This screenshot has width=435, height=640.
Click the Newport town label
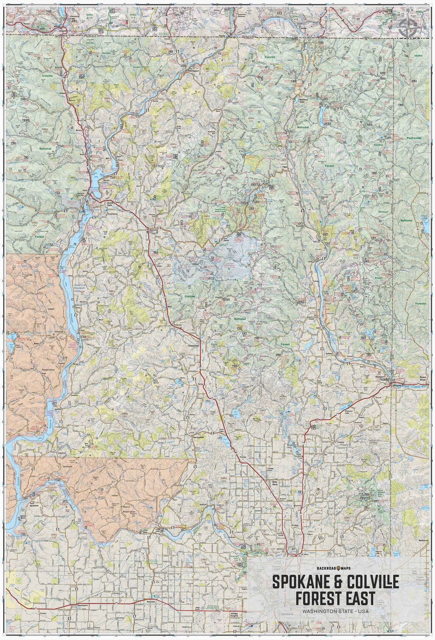tap(380, 377)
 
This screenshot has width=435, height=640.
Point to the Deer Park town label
tap(275, 483)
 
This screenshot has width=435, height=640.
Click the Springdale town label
tap(198, 438)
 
